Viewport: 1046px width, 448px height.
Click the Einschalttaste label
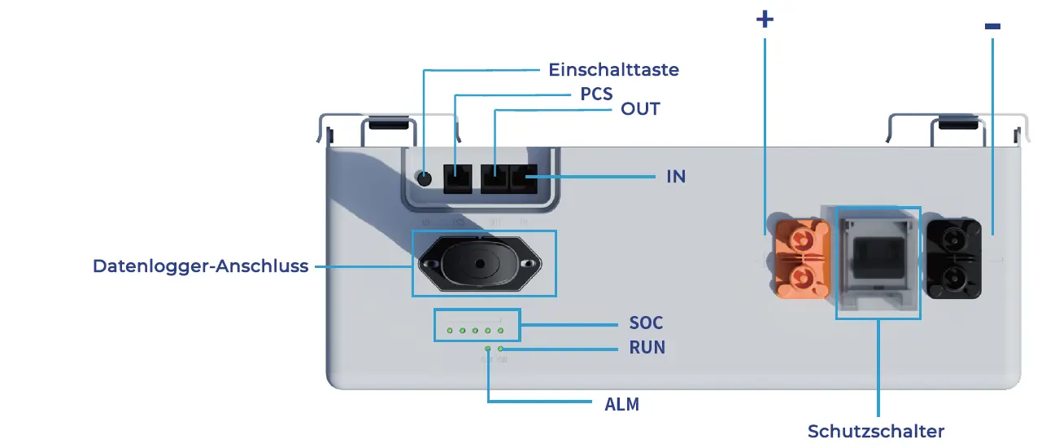613,70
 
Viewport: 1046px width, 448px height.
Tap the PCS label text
596,94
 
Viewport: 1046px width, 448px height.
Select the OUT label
640,109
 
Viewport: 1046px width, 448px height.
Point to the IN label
676,176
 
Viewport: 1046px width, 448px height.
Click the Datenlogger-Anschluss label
201,266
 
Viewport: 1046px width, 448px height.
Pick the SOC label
647,323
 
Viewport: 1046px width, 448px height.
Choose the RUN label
647,348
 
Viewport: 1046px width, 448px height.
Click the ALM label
622,404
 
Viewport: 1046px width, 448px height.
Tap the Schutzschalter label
876,431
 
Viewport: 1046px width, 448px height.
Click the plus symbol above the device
765,20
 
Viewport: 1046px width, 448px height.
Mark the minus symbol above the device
992,26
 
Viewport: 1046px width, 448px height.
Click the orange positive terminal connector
803,258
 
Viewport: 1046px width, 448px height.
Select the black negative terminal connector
953,258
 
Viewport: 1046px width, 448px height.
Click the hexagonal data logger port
480,264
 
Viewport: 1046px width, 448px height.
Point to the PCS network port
458,178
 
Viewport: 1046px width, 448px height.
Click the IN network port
524,178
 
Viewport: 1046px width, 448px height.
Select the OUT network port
495,178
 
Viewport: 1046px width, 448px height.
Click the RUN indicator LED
500,349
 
